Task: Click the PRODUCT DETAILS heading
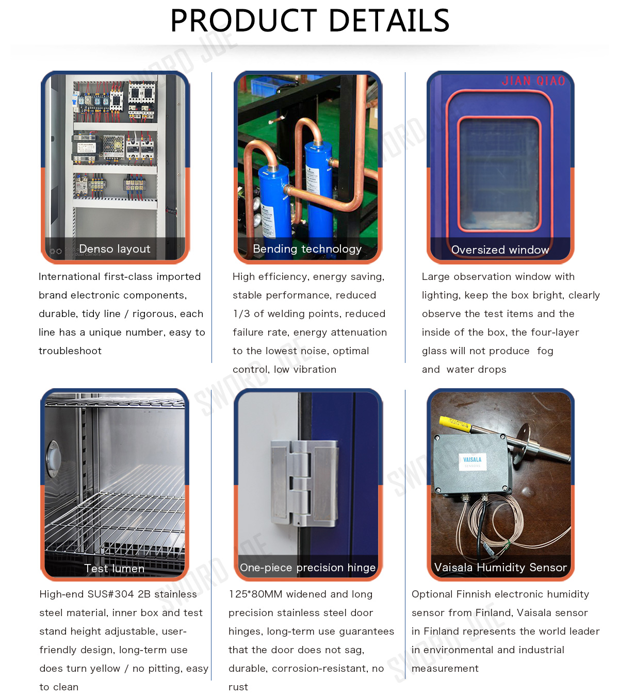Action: point(309,21)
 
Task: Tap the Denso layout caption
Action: point(115,248)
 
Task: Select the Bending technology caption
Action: point(307,248)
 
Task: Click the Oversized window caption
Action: point(500,250)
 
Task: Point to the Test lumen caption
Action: point(114,569)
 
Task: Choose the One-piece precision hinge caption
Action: point(307,568)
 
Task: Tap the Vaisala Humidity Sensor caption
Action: point(500,567)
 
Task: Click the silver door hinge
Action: point(304,484)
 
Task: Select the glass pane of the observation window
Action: point(499,174)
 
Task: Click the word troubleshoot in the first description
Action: point(70,351)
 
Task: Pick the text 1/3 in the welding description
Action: point(241,313)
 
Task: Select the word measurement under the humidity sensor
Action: point(445,669)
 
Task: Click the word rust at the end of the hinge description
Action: point(238,687)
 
